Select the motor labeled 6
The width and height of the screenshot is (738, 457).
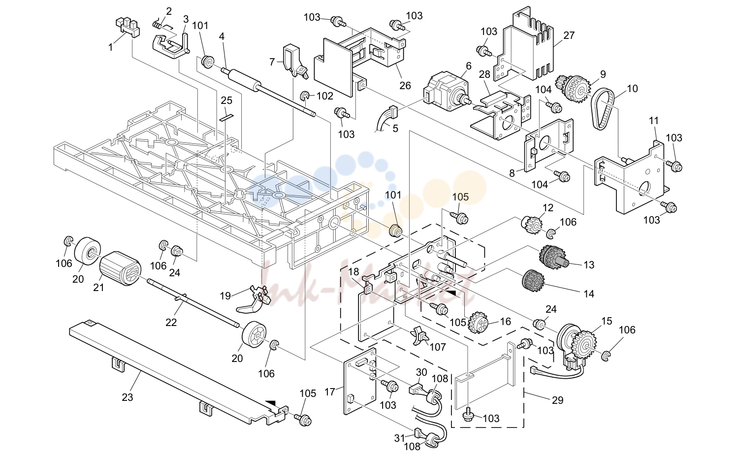click(446, 92)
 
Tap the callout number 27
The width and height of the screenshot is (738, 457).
click(569, 35)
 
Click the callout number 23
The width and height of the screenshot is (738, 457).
click(128, 397)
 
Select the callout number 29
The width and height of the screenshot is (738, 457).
click(557, 400)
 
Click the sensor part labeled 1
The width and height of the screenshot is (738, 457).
click(128, 28)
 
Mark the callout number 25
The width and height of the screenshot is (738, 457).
click(226, 100)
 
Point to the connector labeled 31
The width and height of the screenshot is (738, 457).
click(417, 431)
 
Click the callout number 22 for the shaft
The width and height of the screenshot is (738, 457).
click(171, 322)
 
